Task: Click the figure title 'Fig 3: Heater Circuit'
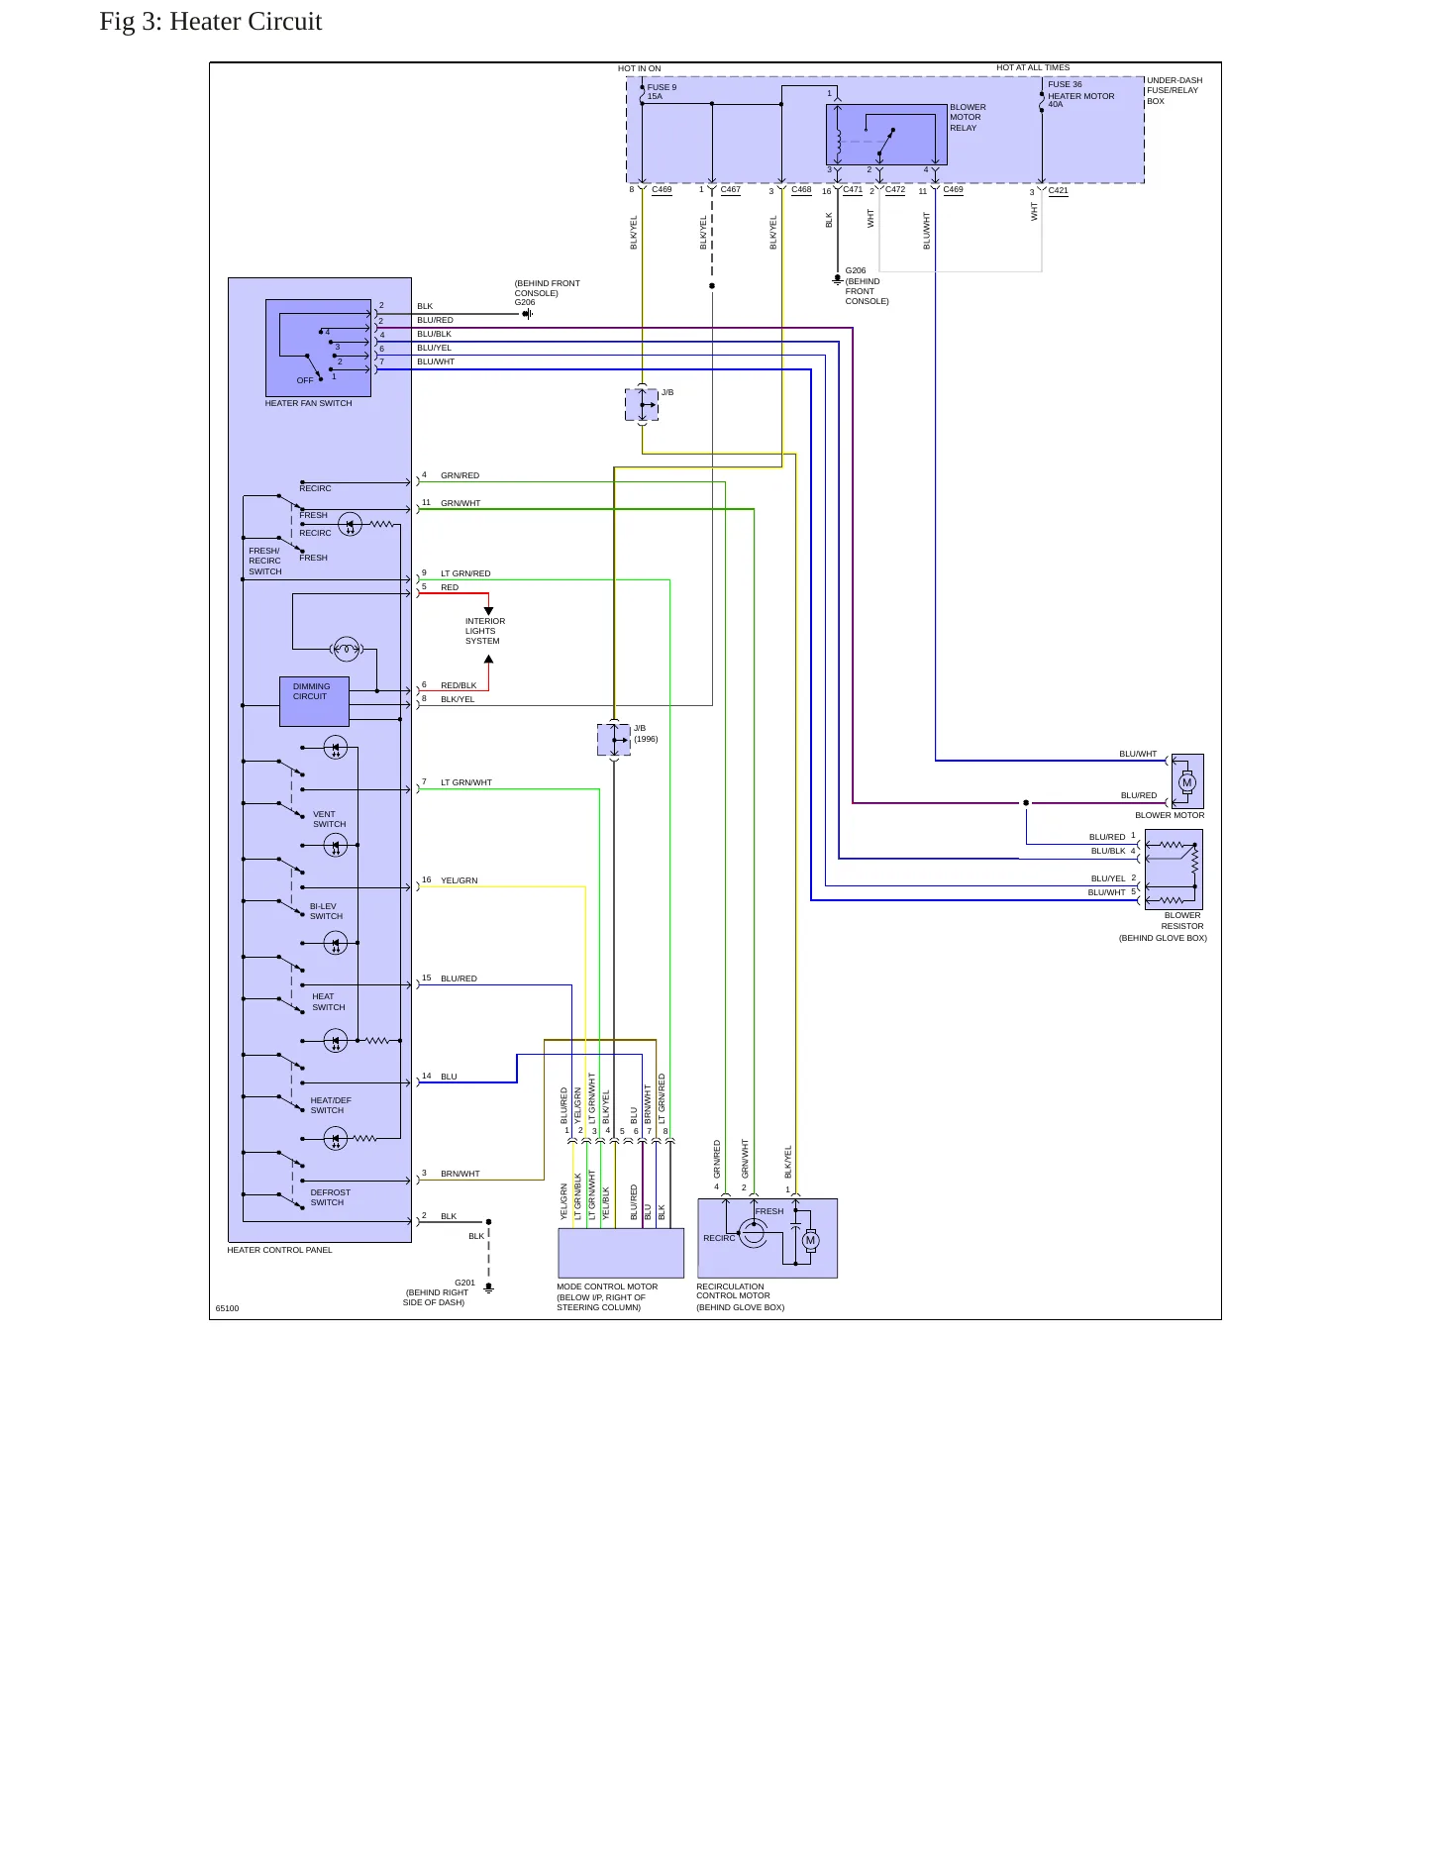click(211, 22)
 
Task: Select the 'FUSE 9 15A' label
click(662, 92)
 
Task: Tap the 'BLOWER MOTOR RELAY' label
click(968, 117)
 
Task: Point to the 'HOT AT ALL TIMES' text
click(1033, 67)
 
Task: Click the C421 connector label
click(1059, 190)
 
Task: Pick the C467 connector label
click(731, 189)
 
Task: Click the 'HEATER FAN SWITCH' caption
click(308, 403)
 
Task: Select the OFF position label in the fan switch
click(305, 380)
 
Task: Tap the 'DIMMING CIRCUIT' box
click(314, 702)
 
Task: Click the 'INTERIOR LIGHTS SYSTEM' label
click(485, 631)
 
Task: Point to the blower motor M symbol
click(1186, 782)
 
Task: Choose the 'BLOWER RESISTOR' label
click(1182, 921)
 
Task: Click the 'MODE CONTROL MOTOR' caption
click(607, 1286)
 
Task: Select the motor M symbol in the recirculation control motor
click(810, 1241)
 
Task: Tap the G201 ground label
click(464, 1283)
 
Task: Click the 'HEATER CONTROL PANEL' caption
click(279, 1250)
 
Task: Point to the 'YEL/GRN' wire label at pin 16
click(460, 880)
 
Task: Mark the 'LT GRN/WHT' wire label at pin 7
click(466, 782)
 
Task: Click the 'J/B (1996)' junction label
click(646, 734)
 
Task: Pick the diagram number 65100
click(227, 1308)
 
